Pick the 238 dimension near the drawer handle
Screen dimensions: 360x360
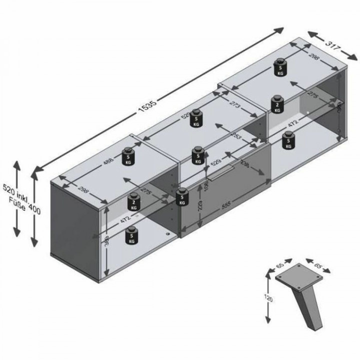point(245,163)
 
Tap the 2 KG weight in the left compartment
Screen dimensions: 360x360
point(133,201)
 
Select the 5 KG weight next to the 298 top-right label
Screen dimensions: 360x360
point(280,68)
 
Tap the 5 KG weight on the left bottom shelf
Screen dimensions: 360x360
point(131,234)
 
